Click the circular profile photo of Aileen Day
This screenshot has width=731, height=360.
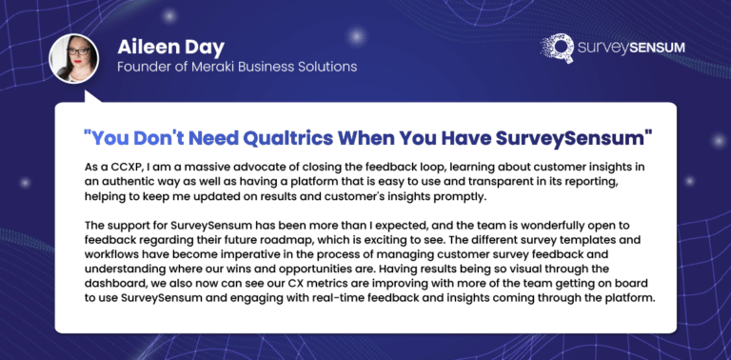[73, 59]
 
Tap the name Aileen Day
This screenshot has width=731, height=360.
[170, 47]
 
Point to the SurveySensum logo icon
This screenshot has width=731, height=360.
[557, 48]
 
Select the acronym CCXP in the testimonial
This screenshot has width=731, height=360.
[117, 167]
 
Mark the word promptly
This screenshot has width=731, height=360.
[465, 197]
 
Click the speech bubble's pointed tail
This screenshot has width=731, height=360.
[90, 97]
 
